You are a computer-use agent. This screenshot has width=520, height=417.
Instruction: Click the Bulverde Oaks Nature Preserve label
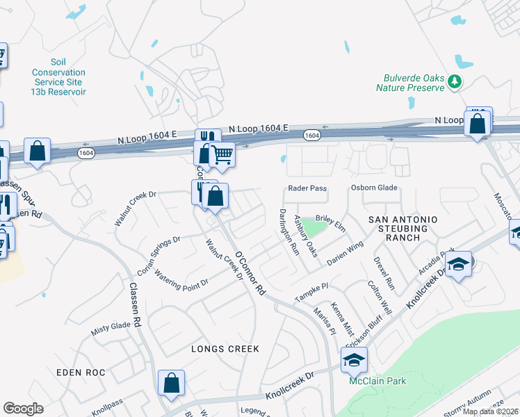click(x=409, y=83)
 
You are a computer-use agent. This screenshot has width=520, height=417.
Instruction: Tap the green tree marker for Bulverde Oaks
click(x=455, y=83)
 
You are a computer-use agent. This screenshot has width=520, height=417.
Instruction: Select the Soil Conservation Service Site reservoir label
click(x=58, y=77)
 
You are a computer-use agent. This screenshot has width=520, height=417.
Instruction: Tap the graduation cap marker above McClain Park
click(x=354, y=360)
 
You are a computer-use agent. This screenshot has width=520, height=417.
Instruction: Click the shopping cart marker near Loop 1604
click(x=222, y=154)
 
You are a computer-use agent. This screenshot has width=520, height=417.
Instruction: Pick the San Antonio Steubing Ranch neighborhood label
click(x=408, y=228)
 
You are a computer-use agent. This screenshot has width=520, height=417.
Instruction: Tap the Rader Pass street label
click(x=307, y=188)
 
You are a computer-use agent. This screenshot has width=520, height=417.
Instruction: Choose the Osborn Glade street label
click(x=373, y=188)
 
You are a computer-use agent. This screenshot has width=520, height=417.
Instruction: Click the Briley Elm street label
click(x=330, y=223)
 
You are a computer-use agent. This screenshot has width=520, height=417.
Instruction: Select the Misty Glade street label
click(x=111, y=329)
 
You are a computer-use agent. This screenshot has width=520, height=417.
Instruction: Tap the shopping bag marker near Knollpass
click(x=171, y=383)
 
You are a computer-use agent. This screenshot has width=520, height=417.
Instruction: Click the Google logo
click(x=24, y=408)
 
